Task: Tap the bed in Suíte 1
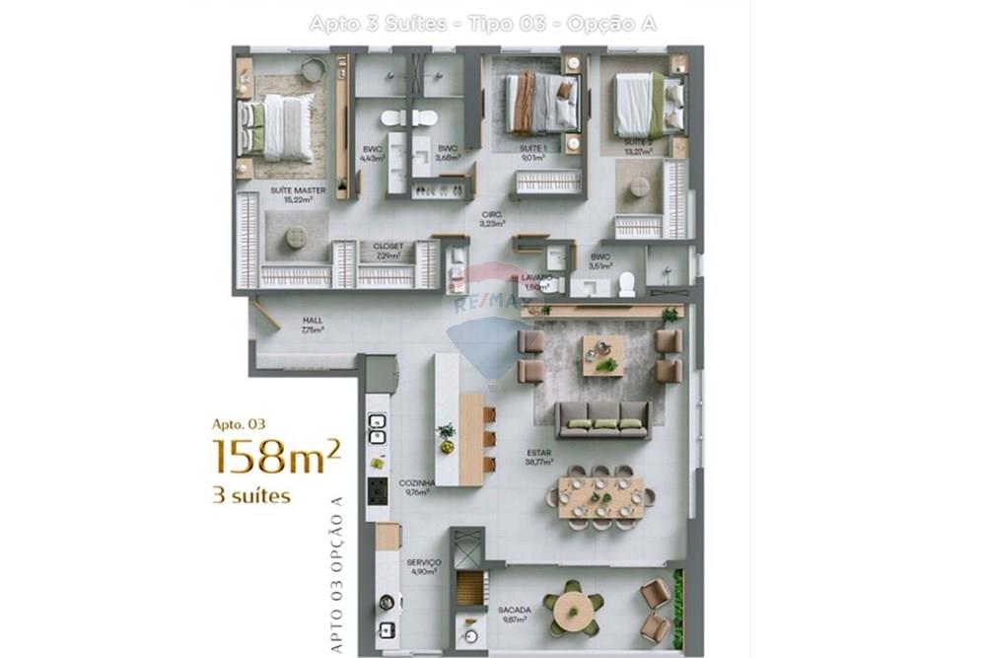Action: [541, 103]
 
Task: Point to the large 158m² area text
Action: [277, 458]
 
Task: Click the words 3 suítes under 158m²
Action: [251, 495]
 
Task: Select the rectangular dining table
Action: [600, 497]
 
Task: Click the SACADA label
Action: [514, 611]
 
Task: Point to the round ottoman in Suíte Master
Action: [295, 237]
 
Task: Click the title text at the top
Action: [482, 23]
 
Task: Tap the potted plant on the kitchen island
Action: [448, 434]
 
